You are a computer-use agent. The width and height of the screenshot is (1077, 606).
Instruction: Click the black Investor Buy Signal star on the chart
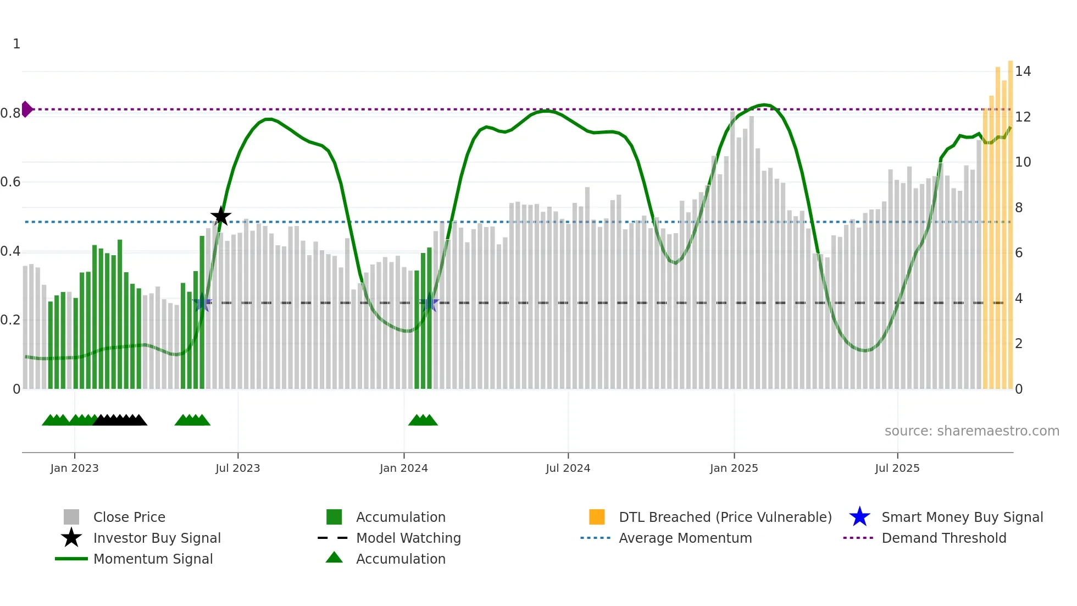[x=221, y=216]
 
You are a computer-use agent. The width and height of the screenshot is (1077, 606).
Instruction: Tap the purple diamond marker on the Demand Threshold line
[x=26, y=109]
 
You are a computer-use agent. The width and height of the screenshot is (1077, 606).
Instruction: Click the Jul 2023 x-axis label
[x=237, y=469]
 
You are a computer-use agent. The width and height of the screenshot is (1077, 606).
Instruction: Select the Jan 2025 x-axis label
[x=734, y=469]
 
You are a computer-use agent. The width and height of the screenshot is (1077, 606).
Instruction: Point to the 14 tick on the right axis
[x=1023, y=71]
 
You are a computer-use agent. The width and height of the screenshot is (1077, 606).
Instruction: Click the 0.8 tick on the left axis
[x=10, y=113]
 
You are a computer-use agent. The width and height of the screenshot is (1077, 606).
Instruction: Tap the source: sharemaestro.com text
[x=971, y=431]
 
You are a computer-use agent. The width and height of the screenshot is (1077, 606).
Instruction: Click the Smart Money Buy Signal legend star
[x=859, y=517]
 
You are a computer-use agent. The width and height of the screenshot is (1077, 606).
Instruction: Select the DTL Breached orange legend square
[x=597, y=517]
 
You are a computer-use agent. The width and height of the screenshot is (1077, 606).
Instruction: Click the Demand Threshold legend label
[x=943, y=538]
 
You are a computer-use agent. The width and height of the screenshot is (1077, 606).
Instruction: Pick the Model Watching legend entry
[x=408, y=538]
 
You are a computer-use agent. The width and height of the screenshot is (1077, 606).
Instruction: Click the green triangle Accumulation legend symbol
[x=334, y=558]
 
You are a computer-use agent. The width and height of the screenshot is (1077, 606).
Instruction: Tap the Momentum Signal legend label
[x=153, y=559]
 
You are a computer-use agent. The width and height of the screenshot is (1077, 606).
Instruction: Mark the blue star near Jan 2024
[x=429, y=303]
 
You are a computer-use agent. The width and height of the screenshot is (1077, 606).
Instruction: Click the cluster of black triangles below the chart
[x=120, y=420]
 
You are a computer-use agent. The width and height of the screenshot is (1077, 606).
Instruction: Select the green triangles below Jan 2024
[x=423, y=420]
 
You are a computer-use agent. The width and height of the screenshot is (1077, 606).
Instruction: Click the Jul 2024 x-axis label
[x=568, y=469]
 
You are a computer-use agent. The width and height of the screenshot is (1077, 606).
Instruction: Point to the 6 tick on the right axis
[x=1019, y=253]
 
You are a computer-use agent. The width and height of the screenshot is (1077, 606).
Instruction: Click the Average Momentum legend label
[x=685, y=538]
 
